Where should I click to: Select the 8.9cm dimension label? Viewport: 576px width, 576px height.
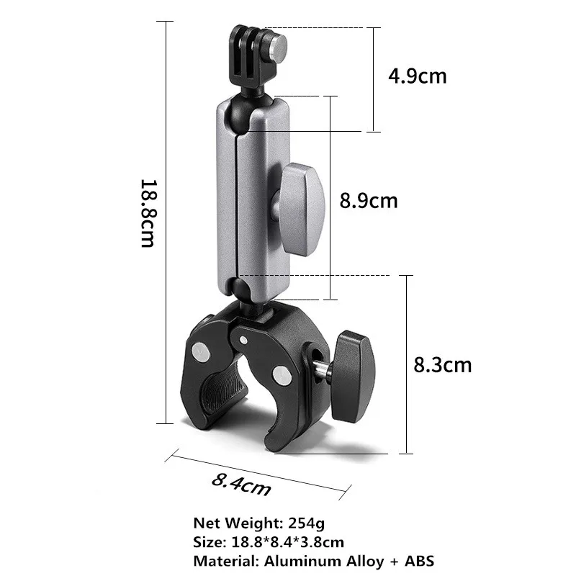tap(368, 200)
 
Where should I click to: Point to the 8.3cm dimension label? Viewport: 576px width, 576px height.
tap(442, 365)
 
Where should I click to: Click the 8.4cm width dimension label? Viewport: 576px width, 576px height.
tap(241, 484)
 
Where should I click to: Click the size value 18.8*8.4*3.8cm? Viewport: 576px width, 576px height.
tap(287, 541)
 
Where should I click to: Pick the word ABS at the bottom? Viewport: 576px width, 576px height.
tap(417, 560)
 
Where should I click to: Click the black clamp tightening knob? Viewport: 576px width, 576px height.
tap(354, 367)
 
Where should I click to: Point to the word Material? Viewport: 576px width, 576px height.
tap(219, 560)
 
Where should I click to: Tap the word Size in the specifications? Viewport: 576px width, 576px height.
tap(208, 541)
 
